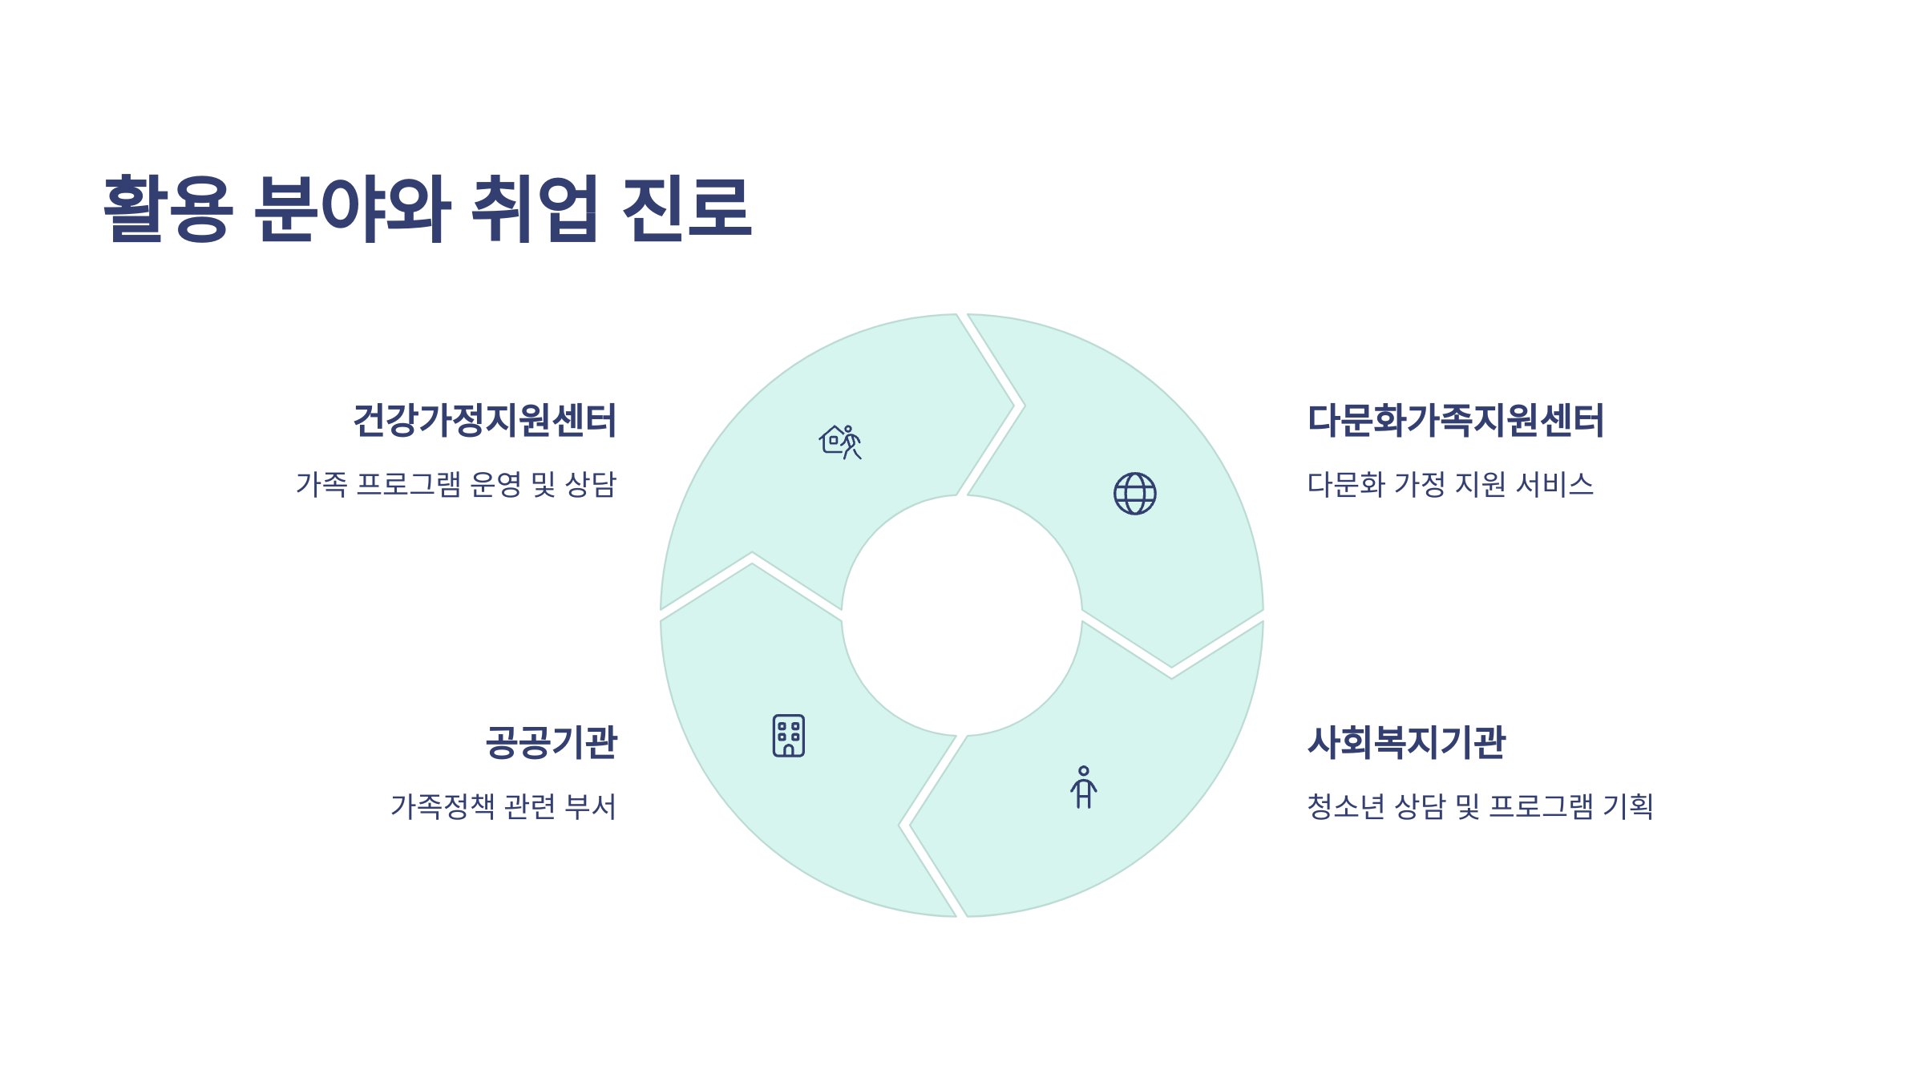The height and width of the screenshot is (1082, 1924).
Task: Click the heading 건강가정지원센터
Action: coord(484,421)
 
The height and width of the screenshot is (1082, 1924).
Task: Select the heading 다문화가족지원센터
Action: coord(1455,421)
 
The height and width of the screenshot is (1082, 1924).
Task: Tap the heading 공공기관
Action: coord(551,742)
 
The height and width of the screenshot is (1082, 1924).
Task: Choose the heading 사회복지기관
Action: coord(1406,742)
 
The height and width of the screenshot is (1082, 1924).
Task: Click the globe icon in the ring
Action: coord(1134,493)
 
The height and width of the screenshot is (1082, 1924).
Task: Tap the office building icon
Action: coord(788,735)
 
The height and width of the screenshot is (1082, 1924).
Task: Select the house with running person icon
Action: coord(839,442)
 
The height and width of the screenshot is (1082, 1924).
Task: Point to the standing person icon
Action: coord(1083,787)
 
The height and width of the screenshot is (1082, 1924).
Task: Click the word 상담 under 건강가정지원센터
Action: coord(591,484)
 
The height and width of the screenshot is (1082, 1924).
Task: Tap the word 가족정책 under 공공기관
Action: coord(443,806)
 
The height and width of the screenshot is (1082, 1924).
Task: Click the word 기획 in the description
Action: coord(1627,806)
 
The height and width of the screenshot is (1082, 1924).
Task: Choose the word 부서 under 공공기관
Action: coord(590,806)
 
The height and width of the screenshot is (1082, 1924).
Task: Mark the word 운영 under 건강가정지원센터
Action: coord(495,484)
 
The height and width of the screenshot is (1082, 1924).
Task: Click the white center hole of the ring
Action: coord(961,616)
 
